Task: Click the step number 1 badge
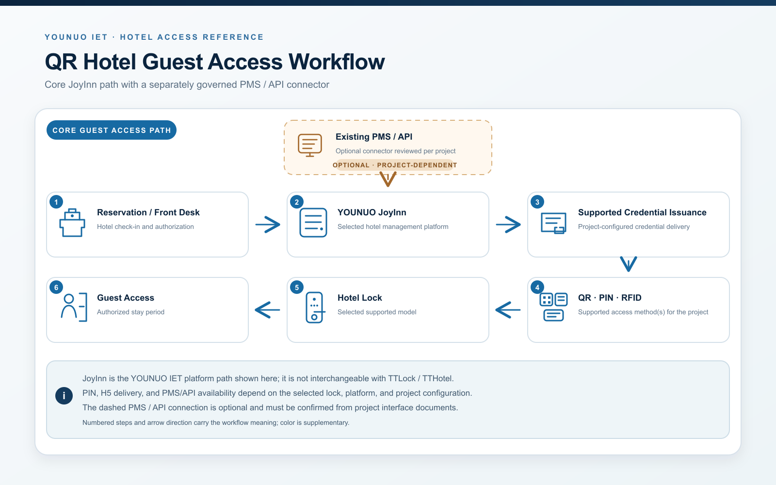click(x=56, y=202)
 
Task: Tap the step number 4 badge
click(x=537, y=287)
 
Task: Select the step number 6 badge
click(x=56, y=287)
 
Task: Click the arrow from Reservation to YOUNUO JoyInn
click(x=268, y=225)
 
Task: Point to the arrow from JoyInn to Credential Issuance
click(x=508, y=225)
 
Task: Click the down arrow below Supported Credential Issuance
click(x=629, y=264)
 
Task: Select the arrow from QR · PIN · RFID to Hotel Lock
click(x=508, y=310)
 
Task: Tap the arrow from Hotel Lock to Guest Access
click(x=267, y=310)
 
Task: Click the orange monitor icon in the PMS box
click(x=310, y=145)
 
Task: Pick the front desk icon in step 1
click(x=72, y=223)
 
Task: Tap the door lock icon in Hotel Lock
click(x=315, y=307)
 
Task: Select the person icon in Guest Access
click(x=74, y=307)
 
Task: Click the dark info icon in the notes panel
click(x=64, y=396)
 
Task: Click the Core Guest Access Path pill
click(x=112, y=130)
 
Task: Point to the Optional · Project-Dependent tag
click(x=395, y=165)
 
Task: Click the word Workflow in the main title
click(x=337, y=62)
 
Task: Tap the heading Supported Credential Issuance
click(x=642, y=212)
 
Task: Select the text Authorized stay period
click(x=130, y=312)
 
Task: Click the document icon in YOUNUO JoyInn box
click(x=313, y=223)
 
